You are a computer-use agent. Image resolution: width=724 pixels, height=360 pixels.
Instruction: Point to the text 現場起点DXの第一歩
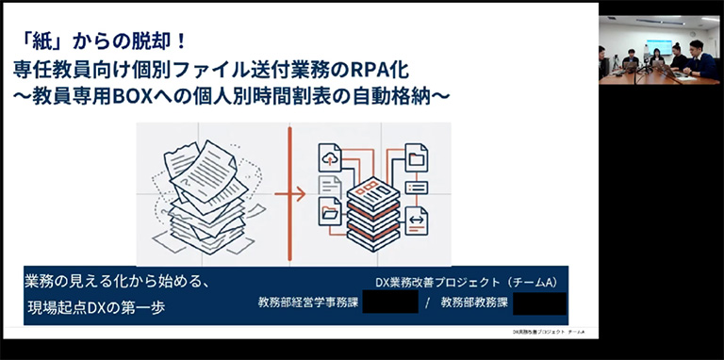pyautogui.click(x=98, y=307)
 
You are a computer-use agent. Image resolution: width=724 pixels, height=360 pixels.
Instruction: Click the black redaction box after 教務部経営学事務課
pyautogui.click(x=389, y=303)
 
